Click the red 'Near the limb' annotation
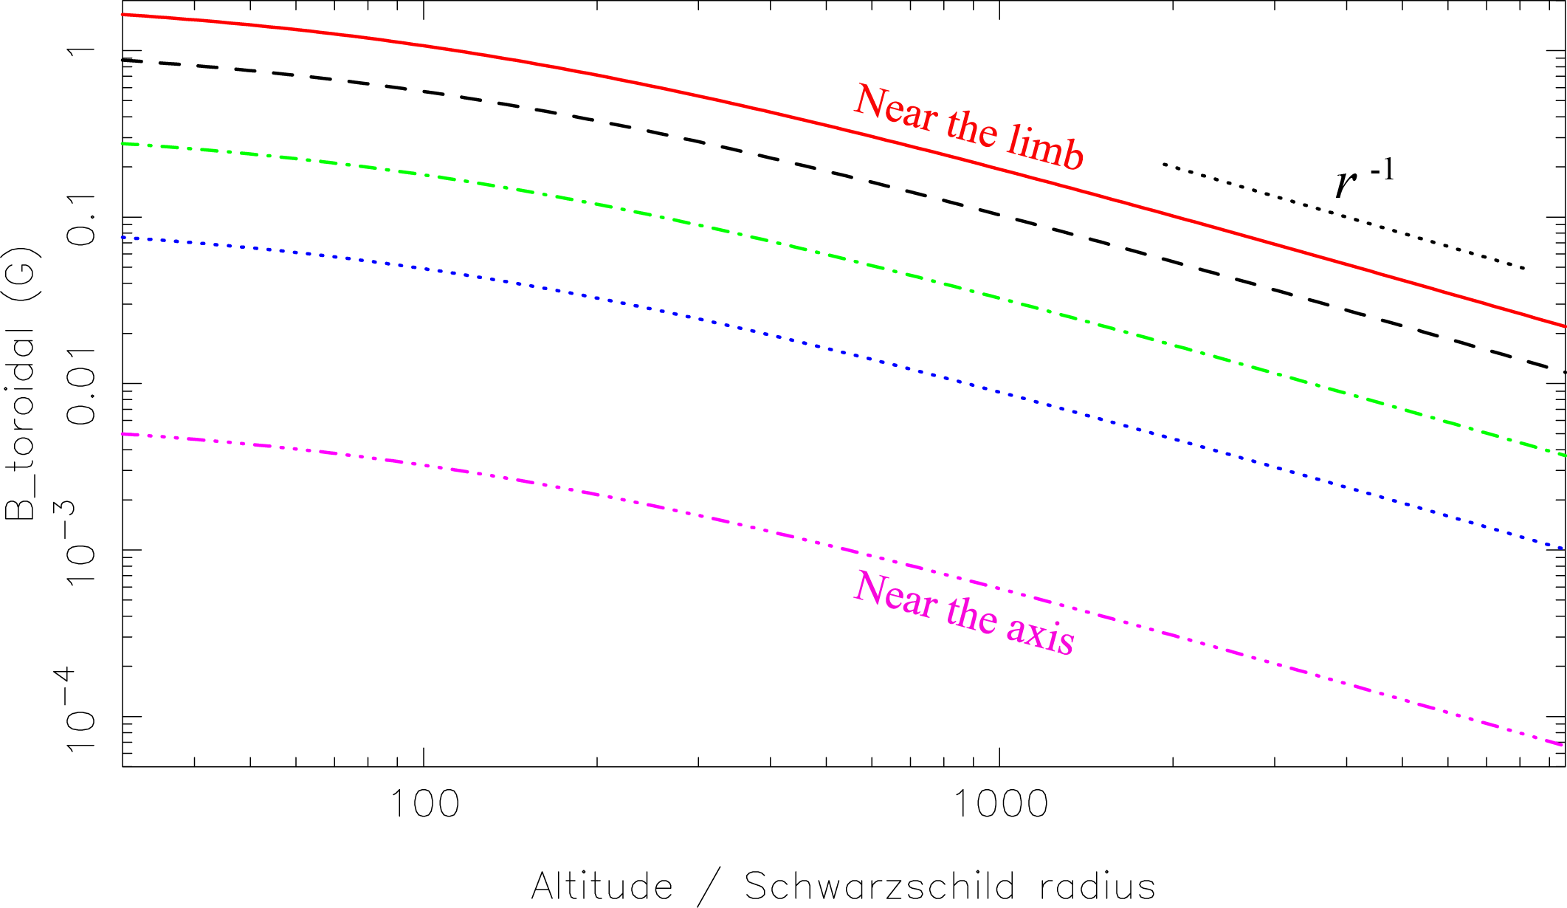(x=968, y=127)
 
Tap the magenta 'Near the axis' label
(x=964, y=613)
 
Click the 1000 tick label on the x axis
(x=1001, y=803)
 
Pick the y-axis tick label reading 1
(x=81, y=52)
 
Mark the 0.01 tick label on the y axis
(x=81, y=385)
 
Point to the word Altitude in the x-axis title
(x=602, y=886)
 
